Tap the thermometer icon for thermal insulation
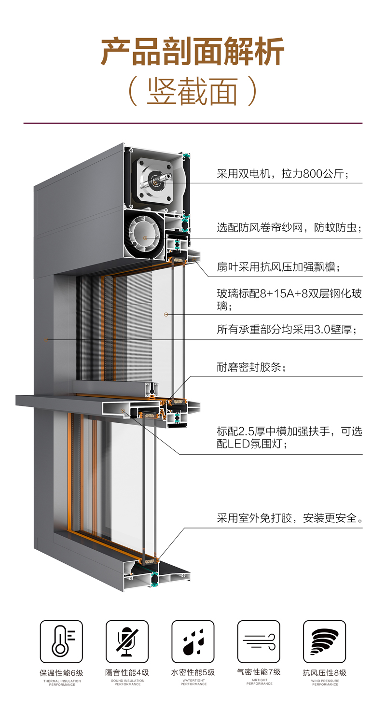click(x=61, y=641)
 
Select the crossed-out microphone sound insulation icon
click(x=127, y=641)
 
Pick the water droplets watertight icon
click(x=193, y=641)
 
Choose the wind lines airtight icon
click(x=259, y=641)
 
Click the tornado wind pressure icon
click(x=324, y=641)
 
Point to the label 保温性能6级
click(x=61, y=672)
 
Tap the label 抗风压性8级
click(x=325, y=672)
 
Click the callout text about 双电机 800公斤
click(x=282, y=174)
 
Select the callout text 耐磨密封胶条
click(x=251, y=367)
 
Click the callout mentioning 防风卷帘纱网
click(x=289, y=227)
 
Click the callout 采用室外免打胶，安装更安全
click(x=289, y=518)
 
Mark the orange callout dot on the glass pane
click(x=166, y=315)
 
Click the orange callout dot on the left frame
click(x=46, y=339)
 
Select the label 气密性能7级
click(x=259, y=672)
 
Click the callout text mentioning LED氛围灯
click(x=289, y=437)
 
